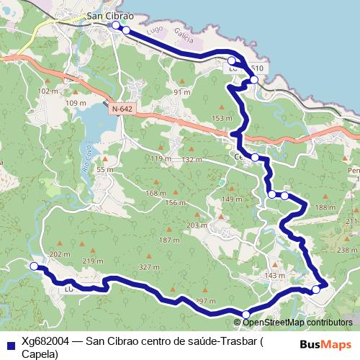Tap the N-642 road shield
click(x=122, y=108)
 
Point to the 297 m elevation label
click(x=205, y=300)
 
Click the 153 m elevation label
click(x=222, y=118)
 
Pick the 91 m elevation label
click(x=181, y=92)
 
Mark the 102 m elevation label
click(x=48, y=91)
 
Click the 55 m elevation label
click(x=105, y=170)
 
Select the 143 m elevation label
click(x=275, y=276)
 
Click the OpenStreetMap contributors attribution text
click(x=298, y=322)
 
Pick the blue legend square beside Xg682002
click(x=9, y=342)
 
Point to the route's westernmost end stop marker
click(x=34, y=266)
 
